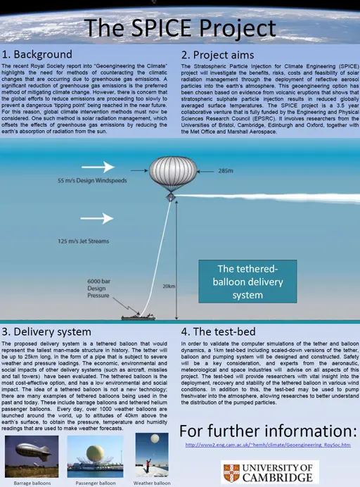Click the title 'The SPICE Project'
(180, 28)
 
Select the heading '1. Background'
(37, 54)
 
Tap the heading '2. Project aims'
(219, 55)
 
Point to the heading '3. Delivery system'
(47, 331)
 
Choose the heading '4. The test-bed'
(224, 331)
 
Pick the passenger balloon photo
(91, 456)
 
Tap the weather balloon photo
(153, 456)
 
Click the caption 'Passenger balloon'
(91, 483)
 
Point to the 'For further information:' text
(268, 429)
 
